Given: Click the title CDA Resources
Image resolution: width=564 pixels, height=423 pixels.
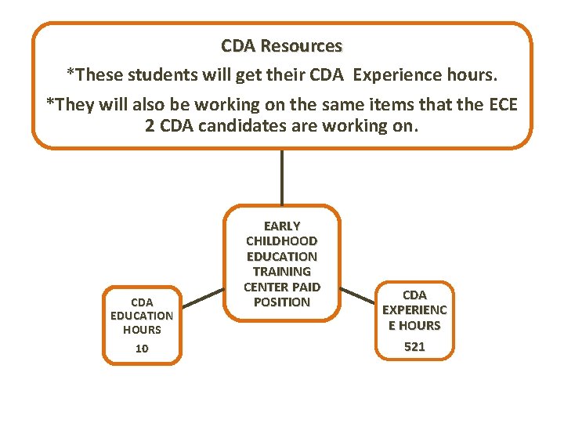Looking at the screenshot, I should pyautogui.click(x=281, y=46).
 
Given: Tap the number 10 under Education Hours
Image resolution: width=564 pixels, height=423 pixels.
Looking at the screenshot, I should pyautogui.click(x=142, y=349).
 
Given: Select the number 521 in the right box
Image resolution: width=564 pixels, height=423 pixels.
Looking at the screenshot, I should pyautogui.click(x=414, y=346).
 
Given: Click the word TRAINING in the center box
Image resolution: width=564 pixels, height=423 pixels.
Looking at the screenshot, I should pyautogui.click(x=282, y=271).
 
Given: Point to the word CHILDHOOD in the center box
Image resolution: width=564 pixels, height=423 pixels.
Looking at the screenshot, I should pyautogui.click(x=282, y=240).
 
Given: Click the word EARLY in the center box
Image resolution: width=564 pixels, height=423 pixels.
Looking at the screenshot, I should pyautogui.click(x=282, y=226).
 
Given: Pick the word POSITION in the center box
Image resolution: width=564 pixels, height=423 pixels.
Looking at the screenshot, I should pyautogui.click(x=282, y=302).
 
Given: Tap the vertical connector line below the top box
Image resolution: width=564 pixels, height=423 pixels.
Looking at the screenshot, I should pyautogui.click(x=281, y=176).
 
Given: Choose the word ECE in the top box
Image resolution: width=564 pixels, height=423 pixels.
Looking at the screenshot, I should pyautogui.click(x=502, y=104).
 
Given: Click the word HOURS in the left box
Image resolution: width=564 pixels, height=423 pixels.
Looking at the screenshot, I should pyautogui.click(x=142, y=330).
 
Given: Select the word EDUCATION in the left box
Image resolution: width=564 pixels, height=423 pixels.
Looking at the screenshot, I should pyautogui.click(x=142, y=316).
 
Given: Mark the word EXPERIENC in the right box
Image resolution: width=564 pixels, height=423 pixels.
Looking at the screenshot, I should pyautogui.click(x=414, y=310).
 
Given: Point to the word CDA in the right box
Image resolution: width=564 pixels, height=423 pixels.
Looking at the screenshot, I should pyautogui.click(x=414, y=295).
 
